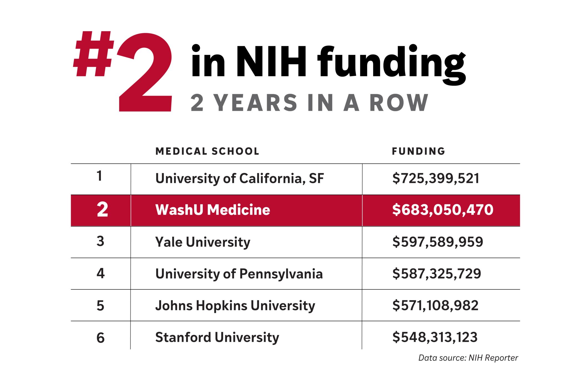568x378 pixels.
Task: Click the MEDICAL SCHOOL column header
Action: click(207, 151)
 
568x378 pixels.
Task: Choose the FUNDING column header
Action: click(418, 151)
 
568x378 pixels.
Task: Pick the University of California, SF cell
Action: click(239, 178)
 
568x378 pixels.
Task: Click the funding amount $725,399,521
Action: click(436, 178)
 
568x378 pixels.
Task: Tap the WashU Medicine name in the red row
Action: click(212, 210)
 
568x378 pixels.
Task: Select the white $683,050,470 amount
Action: click(443, 210)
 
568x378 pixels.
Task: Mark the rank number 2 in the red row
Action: click(102, 210)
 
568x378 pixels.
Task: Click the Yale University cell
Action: click(203, 242)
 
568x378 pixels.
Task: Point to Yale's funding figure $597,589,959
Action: click(438, 242)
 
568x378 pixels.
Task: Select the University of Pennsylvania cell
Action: click(239, 274)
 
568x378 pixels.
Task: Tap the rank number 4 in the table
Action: click(100, 274)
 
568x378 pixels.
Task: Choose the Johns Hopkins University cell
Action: click(235, 306)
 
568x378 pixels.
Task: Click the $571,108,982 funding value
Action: click(435, 305)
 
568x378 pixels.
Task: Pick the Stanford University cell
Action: click(217, 337)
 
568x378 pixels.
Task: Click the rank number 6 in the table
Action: click(100, 338)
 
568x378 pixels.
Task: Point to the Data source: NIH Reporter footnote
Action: click(468, 358)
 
